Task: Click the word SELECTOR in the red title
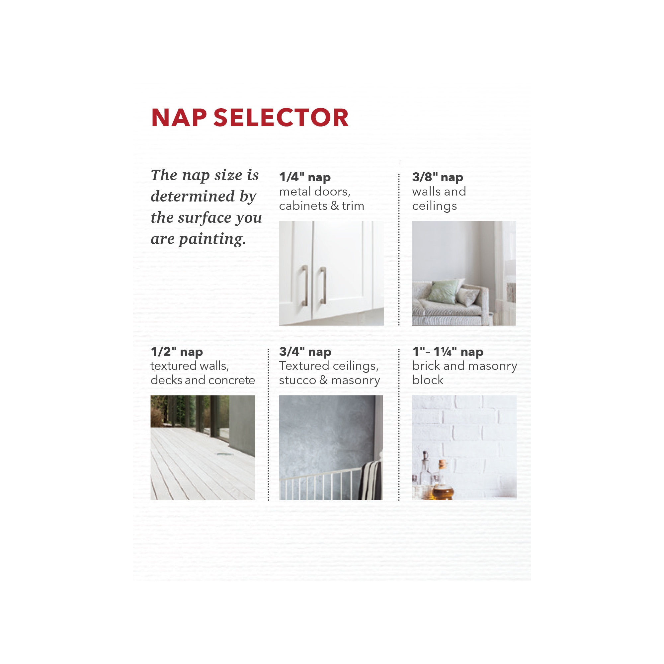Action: tap(281, 118)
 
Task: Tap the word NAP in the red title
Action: tap(179, 118)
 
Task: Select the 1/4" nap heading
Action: tap(305, 177)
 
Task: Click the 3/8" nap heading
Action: tap(438, 177)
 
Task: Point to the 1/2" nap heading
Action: tap(177, 352)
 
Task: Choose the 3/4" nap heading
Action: tap(305, 352)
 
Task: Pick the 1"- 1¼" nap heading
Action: tap(448, 352)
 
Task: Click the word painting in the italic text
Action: tap(212, 239)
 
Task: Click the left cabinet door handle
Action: tap(305, 286)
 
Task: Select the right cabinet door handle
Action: tap(323, 286)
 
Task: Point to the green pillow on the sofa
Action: tap(443, 291)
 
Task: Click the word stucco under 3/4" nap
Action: tap(297, 380)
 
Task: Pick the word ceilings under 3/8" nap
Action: tap(434, 206)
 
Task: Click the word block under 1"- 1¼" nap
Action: tap(428, 380)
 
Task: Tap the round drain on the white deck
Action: tap(221, 454)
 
